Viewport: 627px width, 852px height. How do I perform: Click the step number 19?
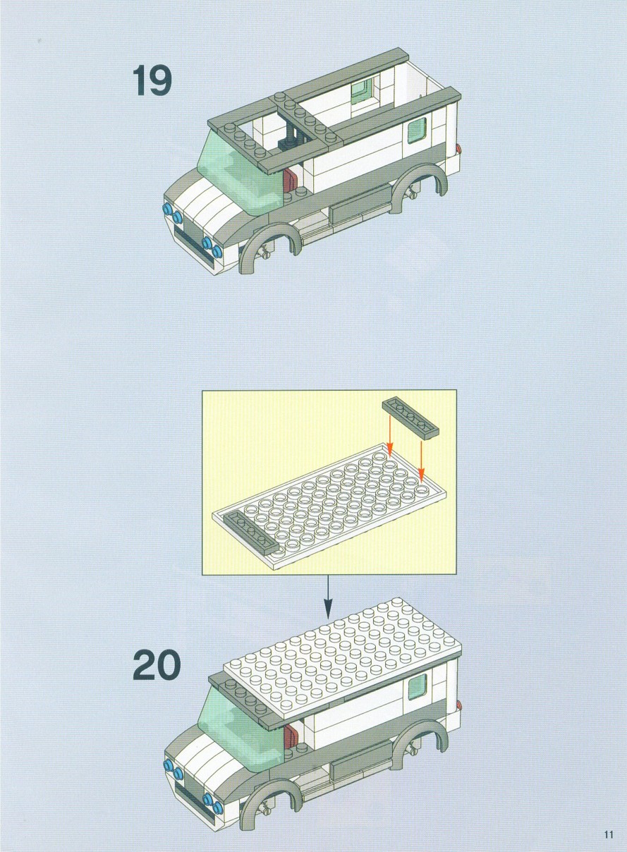[x=152, y=80]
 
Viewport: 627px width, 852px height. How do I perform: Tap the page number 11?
[x=609, y=832]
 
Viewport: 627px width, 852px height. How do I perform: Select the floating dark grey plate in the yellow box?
[x=411, y=420]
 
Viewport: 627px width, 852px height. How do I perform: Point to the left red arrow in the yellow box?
[x=389, y=435]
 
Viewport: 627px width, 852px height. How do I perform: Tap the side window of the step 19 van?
[x=417, y=130]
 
